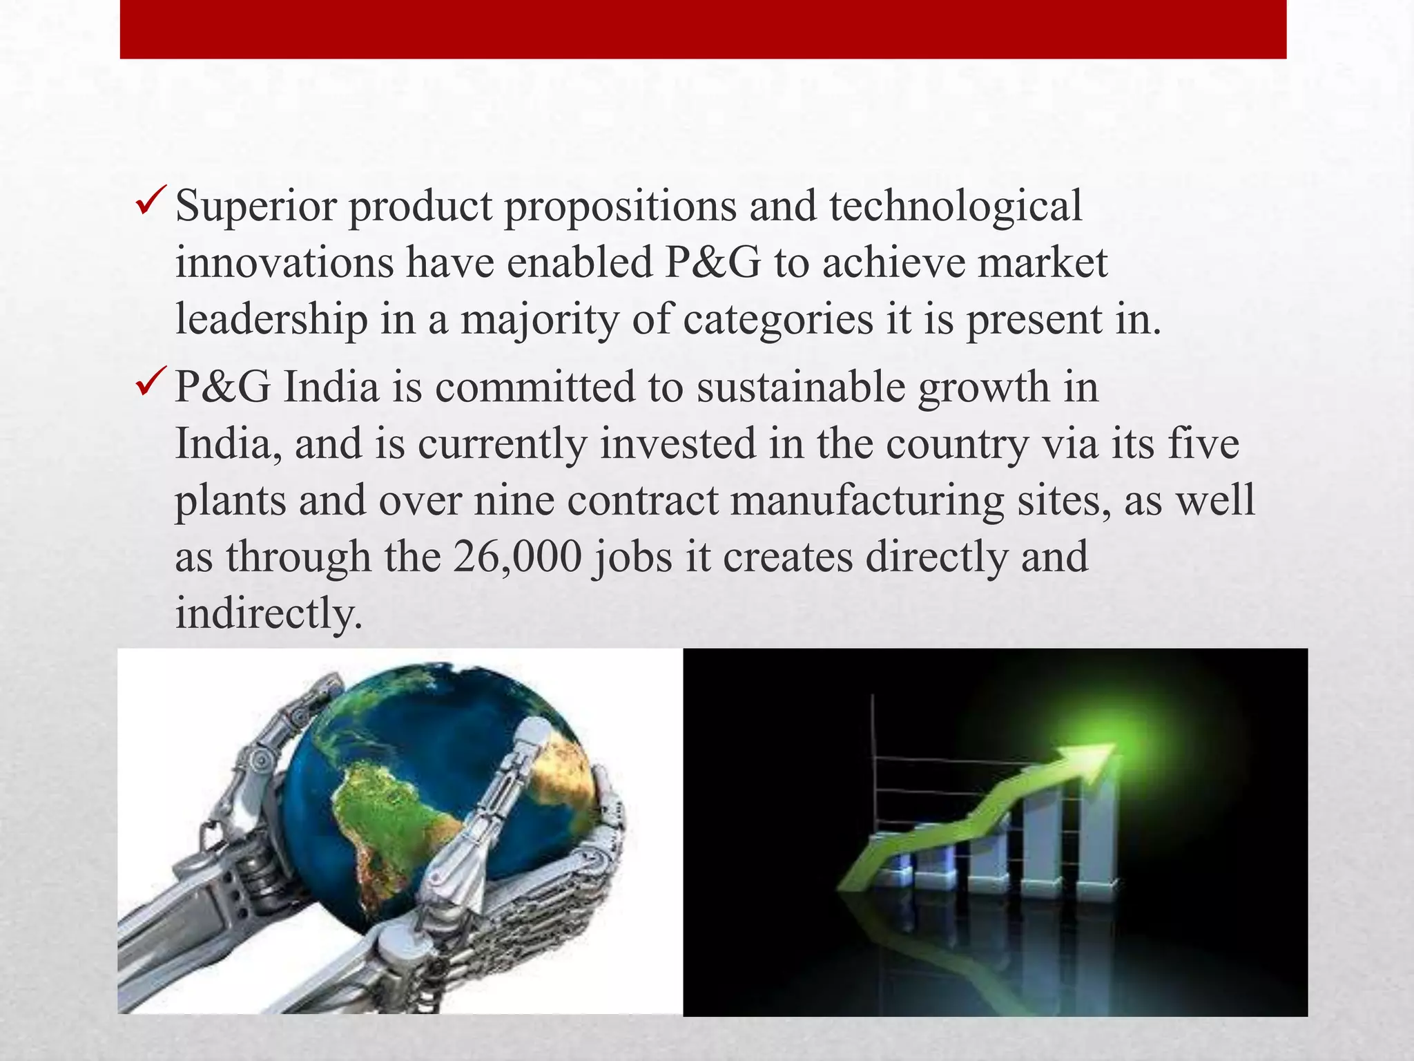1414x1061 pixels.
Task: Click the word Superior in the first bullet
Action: (255, 206)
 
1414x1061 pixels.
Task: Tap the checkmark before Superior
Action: (150, 202)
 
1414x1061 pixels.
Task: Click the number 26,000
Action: (518, 557)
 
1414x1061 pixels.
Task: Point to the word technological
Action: (956, 206)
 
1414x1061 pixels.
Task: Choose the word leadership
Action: (271, 319)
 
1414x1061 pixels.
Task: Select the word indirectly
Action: (268, 613)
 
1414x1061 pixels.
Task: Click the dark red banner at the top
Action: (703, 29)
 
